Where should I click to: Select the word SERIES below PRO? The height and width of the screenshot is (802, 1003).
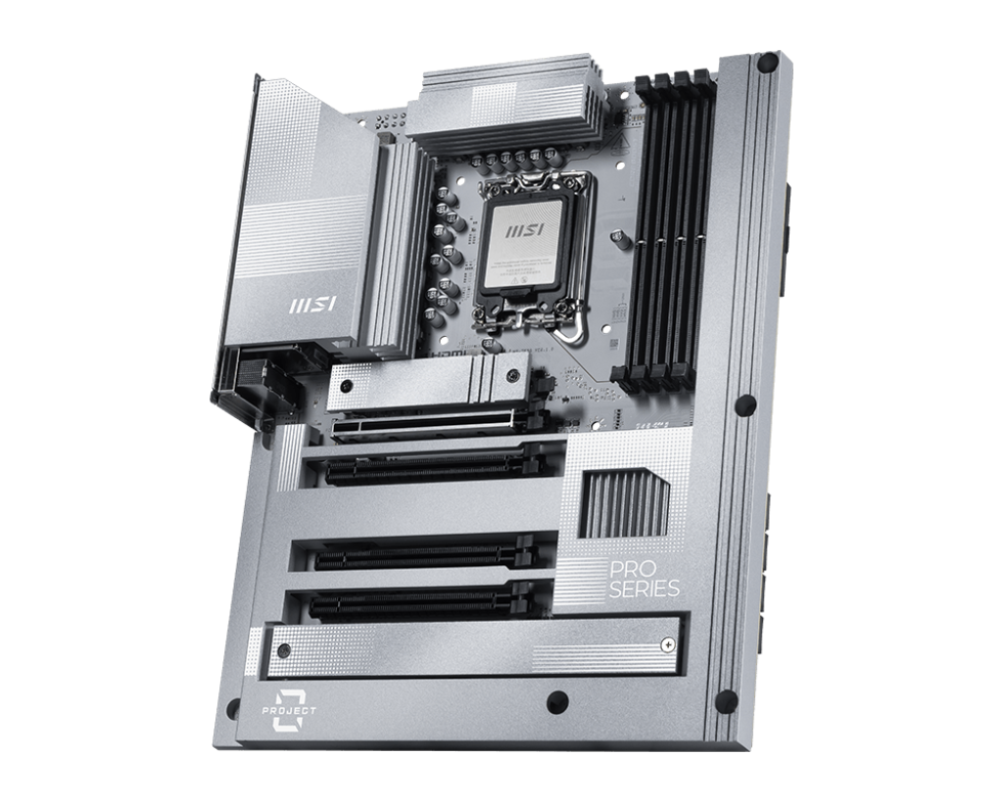(645, 590)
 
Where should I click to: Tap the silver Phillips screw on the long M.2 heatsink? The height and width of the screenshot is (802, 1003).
(666, 643)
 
